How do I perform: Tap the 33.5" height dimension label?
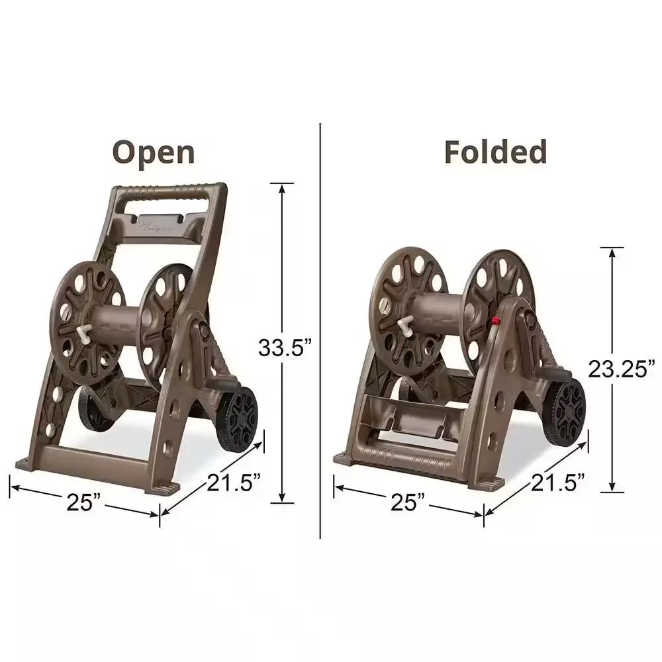click(x=285, y=347)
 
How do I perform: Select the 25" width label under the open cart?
click(x=84, y=502)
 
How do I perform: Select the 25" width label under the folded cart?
click(x=408, y=502)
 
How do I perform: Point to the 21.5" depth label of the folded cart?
click(x=559, y=483)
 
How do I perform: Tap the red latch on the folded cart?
click(x=494, y=321)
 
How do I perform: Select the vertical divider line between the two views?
click(x=320, y=331)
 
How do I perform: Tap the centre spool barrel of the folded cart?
click(x=434, y=311)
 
